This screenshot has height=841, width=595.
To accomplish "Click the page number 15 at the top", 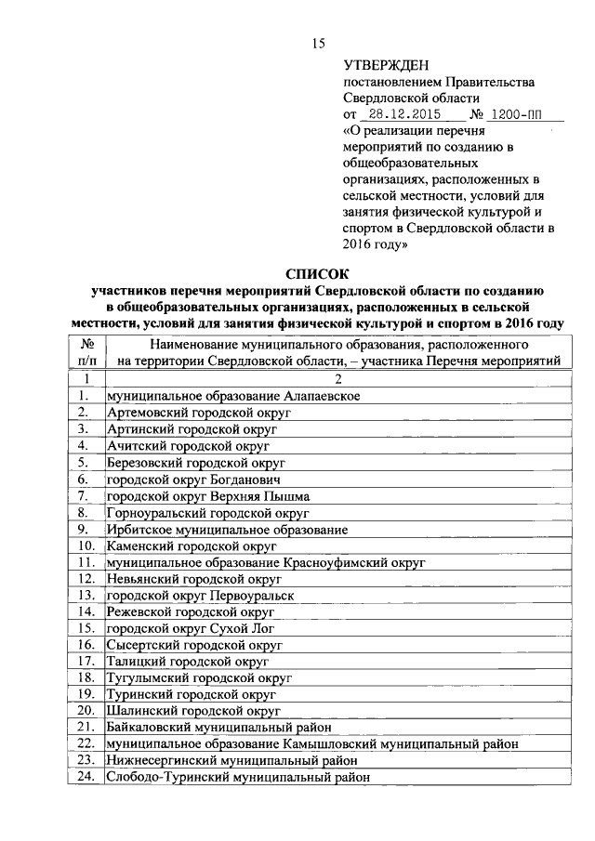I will (x=317, y=44).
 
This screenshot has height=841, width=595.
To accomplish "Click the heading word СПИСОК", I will (x=317, y=274).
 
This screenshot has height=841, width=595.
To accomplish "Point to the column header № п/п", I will (x=86, y=352).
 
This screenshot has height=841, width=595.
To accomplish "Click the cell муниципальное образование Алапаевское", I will (x=233, y=395).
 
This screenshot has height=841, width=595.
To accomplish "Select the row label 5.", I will (x=84, y=462).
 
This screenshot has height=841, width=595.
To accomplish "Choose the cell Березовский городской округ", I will (x=195, y=462).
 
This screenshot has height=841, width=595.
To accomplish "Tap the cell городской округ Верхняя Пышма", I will (x=208, y=495).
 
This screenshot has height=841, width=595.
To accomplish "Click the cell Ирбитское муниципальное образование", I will (x=228, y=529).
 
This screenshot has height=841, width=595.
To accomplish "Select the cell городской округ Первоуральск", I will (x=200, y=596).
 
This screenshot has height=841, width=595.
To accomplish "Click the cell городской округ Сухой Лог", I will (x=190, y=629).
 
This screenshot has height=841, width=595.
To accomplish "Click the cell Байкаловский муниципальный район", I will (x=219, y=728).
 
